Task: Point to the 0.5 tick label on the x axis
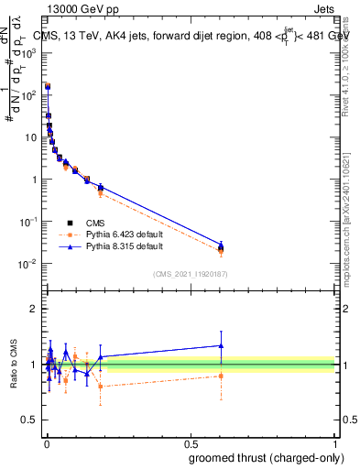(x=191, y=442)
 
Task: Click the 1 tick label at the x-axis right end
(x=336, y=442)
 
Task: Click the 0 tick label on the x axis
(x=46, y=442)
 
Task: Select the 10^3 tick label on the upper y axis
(x=30, y=53)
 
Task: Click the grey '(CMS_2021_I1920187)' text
(x=191, y=274)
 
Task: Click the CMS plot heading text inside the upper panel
(x=192, y=36)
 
